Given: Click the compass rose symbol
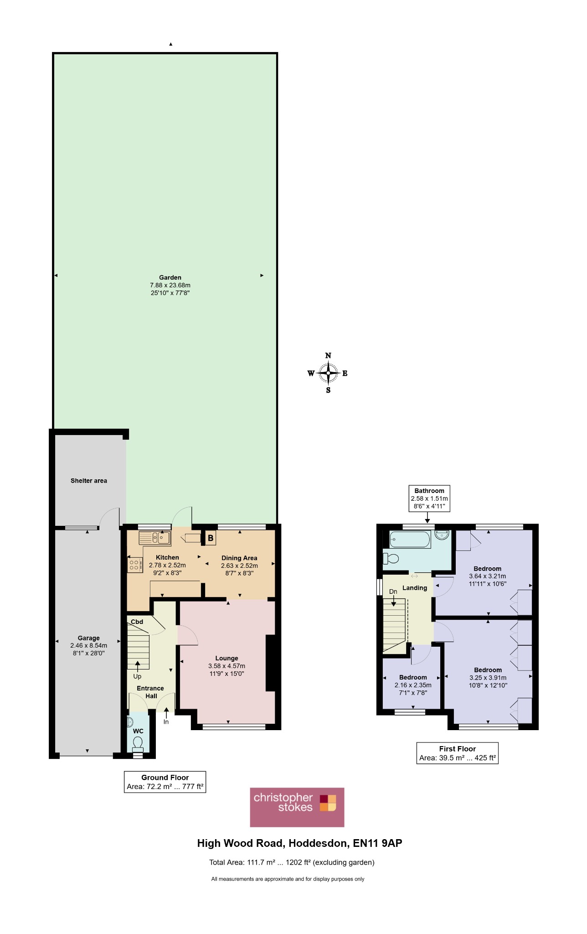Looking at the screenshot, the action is [328, 373].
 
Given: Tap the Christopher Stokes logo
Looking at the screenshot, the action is [297, 807].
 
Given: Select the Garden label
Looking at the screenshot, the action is [170, 277].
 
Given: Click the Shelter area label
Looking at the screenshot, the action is [89, 481].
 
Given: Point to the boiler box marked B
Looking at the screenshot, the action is [211, 538].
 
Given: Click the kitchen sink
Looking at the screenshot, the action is [155, 538].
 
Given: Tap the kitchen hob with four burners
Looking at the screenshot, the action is [134, 566].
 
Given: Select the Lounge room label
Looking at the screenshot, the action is [227, 658].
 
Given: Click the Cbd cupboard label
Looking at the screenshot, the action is [137, 622].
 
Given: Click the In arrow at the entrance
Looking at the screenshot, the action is [166, 712].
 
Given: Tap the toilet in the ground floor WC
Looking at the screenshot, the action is [138, 744].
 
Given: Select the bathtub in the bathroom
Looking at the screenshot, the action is [410, 540].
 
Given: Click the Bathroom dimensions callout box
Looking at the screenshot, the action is [429, 498].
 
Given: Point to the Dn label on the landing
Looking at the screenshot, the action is [393, 592].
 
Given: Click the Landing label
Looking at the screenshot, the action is [415, 588].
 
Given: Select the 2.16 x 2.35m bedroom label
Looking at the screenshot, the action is [413, 685].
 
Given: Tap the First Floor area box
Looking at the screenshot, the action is [458, 753].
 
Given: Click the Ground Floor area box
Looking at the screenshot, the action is [165, 782].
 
